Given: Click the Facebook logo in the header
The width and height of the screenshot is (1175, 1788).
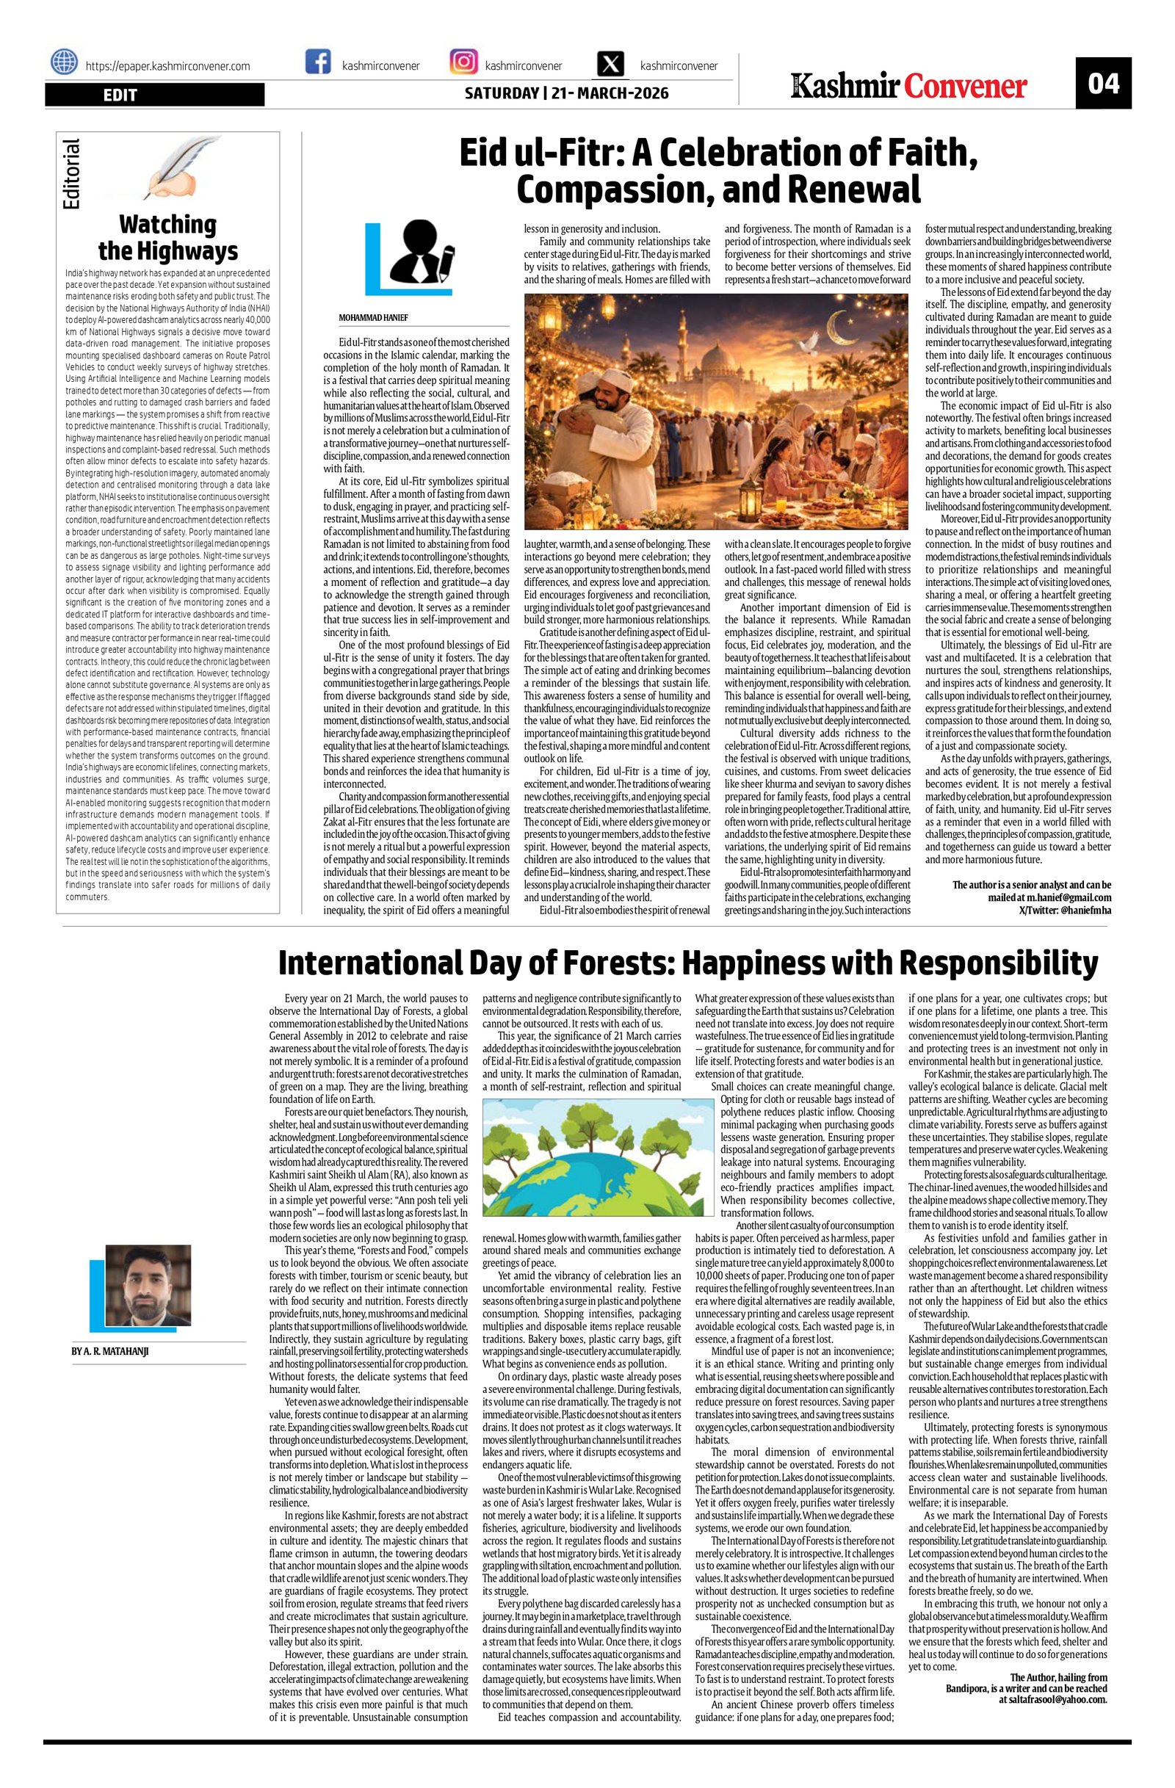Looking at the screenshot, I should click(318, 62).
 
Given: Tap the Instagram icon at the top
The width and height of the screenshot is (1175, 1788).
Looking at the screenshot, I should click(463, 62).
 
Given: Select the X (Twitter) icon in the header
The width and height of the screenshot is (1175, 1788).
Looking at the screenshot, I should click(611, 63).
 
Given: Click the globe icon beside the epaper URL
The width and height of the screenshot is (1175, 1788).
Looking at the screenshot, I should click(64, 62).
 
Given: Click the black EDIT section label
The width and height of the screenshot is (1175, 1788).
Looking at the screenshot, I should click(154, 95).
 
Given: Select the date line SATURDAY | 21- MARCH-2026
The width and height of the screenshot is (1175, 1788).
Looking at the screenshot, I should click(565, 94).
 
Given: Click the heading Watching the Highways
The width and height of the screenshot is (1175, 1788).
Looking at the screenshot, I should click(167, 236).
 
